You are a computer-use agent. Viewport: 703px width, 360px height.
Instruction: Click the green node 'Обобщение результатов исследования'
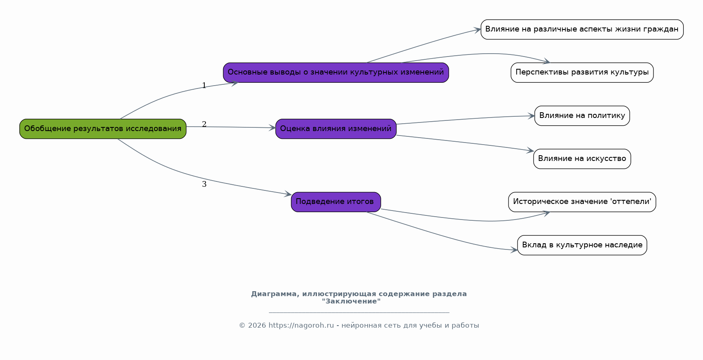point(103,129)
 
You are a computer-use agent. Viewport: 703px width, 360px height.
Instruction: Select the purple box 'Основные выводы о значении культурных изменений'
point(336,72)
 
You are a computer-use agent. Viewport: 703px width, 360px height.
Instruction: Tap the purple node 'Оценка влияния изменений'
point(336,129)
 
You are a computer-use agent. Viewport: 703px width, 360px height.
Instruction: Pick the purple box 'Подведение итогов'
point(336,202)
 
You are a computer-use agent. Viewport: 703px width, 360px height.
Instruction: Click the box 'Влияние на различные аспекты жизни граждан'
point(582,29)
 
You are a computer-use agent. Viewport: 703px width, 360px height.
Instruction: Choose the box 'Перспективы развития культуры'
point(582,72)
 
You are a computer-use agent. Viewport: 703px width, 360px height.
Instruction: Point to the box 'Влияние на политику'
point(582,115)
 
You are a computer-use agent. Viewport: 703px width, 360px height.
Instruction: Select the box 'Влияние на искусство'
point(582,158)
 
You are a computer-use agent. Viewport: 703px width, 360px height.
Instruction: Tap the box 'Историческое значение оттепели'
point(582,202)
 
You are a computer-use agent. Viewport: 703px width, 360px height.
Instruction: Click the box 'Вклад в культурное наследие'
point(582,245)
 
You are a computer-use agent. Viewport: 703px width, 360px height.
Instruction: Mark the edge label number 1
point(204,86)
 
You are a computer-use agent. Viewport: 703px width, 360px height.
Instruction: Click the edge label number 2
point(204,125)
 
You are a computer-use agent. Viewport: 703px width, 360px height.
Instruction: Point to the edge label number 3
point(204,184)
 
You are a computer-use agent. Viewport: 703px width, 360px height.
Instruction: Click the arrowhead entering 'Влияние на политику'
point(531,116)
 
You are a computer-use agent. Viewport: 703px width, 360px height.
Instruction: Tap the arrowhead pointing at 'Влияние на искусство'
point(530,151)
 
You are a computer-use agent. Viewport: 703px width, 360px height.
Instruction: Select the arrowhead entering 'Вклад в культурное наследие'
point(514,250)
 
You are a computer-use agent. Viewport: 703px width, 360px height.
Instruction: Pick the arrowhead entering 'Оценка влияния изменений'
point(272,128)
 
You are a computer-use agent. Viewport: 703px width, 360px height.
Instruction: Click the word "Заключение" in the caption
point(351,301)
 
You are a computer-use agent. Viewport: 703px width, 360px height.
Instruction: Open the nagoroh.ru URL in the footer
point(301,326)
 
